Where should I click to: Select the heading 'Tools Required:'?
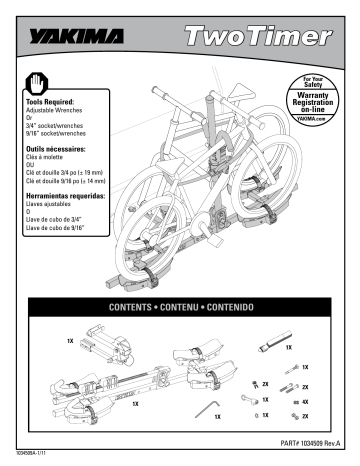49,102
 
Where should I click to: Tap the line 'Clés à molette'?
44,156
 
